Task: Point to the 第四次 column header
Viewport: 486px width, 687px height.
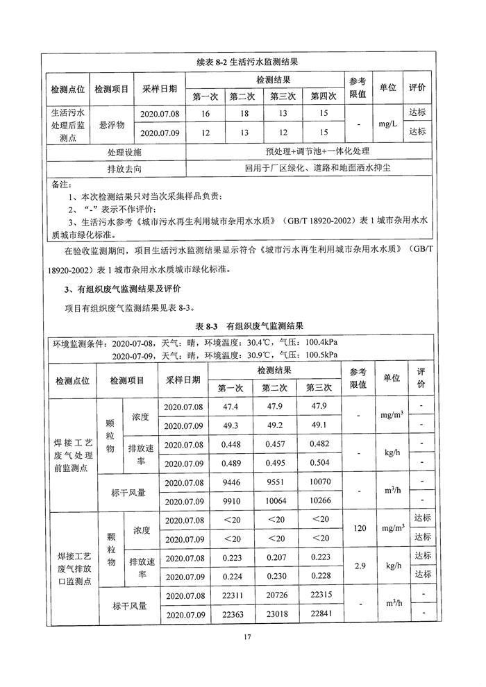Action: point(323,96)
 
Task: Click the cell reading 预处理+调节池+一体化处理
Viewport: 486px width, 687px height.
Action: point(308,151)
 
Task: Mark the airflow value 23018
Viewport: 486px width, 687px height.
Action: point(276,613)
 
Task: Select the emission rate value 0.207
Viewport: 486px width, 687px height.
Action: point(276,557)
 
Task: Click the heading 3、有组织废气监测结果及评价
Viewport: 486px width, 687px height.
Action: point(122,289)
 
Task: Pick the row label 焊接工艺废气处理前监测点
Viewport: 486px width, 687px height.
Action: point(74,454)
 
